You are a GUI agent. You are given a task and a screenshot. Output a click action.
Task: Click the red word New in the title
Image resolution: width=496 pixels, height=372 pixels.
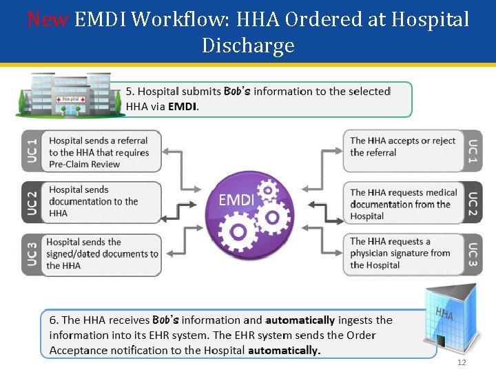point(48,19)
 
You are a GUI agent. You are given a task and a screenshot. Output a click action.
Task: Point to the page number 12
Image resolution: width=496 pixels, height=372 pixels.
point(462,363)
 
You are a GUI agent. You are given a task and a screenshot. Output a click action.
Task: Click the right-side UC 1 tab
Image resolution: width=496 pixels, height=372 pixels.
point(473,152)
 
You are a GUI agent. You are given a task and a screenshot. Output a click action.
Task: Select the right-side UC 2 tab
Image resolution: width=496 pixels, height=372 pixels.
point(473,203)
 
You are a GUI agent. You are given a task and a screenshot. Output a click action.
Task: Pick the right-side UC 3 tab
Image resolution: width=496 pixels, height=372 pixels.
point(473,255)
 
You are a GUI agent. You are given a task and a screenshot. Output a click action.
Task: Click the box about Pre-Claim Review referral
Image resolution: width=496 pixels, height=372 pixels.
point(103,152)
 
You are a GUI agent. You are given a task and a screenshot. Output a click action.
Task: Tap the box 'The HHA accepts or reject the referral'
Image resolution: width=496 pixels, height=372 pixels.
point(404,147)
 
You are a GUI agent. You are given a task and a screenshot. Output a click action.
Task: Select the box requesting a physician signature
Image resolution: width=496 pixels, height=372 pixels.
point(402,254)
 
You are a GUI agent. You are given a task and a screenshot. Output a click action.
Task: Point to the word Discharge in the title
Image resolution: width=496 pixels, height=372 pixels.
point(248,45)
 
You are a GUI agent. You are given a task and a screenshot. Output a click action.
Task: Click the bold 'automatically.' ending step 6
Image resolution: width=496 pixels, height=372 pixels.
point(284,350)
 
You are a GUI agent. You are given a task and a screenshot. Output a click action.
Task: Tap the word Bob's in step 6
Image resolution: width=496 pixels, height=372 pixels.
point(165,320)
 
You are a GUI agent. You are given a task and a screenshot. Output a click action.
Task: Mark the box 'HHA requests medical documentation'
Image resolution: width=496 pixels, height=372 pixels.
point(404,204)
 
